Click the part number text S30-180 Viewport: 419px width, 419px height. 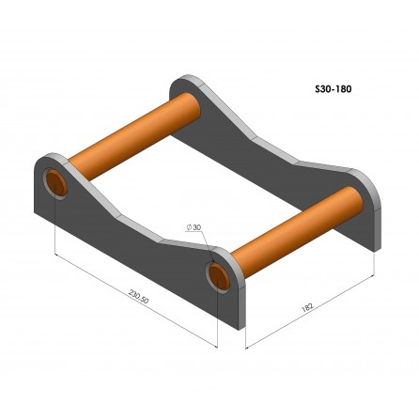click(x=333, y=92)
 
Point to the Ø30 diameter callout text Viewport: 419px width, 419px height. click(x=195, y=228)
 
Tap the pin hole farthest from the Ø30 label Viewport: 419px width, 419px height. click(x=56, y=182)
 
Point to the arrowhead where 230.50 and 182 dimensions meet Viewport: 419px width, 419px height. click(x=246, y=346)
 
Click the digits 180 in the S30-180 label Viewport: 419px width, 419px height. click(x=342, y=92)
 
